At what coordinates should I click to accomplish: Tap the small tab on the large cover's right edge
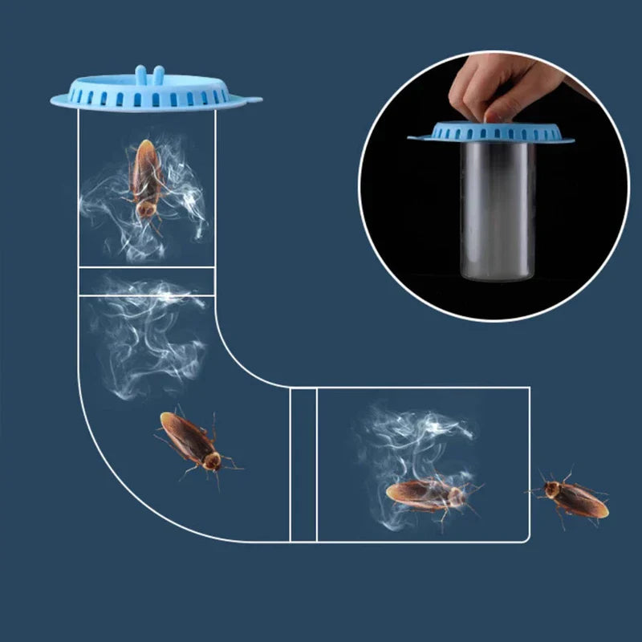tap(254, 100)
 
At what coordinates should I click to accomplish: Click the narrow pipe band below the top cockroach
tap(147, 281)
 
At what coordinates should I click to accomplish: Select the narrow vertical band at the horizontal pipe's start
tap(303, 464)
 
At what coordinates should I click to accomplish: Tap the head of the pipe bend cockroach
tap(213, 461)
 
